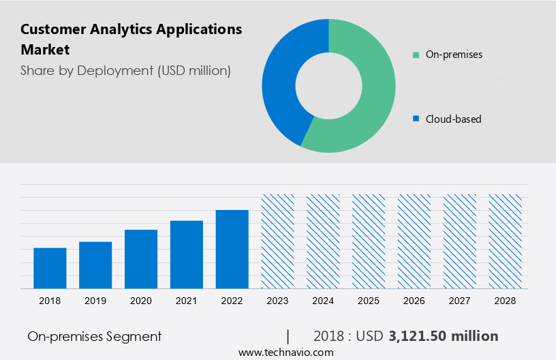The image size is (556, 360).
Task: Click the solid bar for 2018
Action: (x=50, y=268)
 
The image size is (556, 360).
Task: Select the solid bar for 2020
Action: (x=141, y=259)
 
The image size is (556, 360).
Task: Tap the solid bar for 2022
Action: (x=232, y=249)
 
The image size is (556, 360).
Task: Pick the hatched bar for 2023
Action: (x=278, y=241)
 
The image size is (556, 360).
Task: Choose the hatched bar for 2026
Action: (x=414, y=241)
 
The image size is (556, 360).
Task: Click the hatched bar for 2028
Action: (x=506, y=241)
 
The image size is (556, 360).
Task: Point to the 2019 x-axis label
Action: (x=95, y=301)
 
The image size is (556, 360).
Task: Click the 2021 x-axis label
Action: (x=187, y=301)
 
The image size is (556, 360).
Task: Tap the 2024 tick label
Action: (x=324, y=301)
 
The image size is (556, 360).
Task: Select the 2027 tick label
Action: (x=460, y=301)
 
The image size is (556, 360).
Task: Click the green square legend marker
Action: (x=416, y=55)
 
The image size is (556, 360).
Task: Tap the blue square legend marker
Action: (x=416, y=119)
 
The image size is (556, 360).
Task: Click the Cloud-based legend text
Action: (x=453, y=119)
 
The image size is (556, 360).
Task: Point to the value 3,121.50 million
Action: (x=443, y=336)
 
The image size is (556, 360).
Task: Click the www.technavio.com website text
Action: (x=285, y=352)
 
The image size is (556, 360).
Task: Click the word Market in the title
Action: (x=45, y=50)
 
